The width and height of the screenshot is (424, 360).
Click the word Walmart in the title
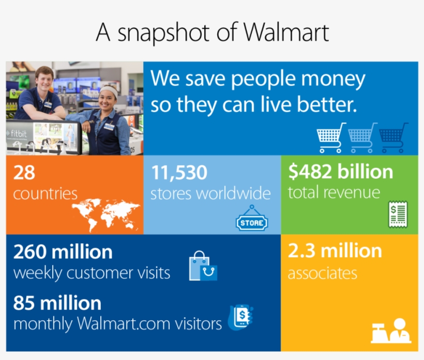pos(286,33)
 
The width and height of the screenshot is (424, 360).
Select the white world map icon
pos(105,213)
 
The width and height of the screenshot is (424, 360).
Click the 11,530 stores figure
pos(179,173)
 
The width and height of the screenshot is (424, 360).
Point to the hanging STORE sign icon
pos(252,220)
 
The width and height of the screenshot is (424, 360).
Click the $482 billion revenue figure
pos(340,172)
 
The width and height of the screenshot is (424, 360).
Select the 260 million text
pos(63,252)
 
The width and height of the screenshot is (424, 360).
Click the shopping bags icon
pos(203,266)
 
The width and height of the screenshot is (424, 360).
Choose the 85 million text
pos(57,303)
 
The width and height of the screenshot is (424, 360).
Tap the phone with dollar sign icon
pos(240,316)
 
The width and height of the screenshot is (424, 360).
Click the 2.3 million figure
pos(335,251)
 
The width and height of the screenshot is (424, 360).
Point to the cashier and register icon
pos(391,331)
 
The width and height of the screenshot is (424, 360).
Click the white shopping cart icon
pos(330,137)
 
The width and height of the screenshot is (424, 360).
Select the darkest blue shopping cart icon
pos(393,137)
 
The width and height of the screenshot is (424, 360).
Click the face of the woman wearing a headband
pos(109,99)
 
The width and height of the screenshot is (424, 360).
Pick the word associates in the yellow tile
pos(322,273)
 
